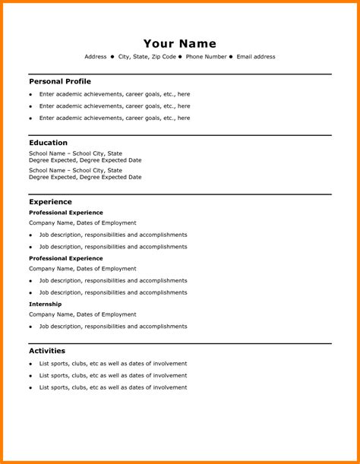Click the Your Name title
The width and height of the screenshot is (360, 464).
(x=180, y=43)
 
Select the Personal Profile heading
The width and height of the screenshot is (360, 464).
(x=60, y=81)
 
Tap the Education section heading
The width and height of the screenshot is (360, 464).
(x=48, y=143)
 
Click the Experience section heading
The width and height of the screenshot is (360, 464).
(x=50, y=202)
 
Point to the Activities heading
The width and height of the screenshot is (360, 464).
(x=47, y=351)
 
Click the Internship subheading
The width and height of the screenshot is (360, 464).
(x=46, y=304)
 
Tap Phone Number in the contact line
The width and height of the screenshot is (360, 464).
(x=207, y=57)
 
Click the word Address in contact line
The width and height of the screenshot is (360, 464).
(x=96, y=57)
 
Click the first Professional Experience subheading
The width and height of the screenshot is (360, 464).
(x=66, y=213)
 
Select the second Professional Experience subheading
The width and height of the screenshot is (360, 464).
(x=66, y=258)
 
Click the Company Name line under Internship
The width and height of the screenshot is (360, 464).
(x=83, y=314)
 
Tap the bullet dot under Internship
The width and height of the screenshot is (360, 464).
(x=31, y=327)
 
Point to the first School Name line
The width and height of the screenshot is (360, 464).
(x=75, y=153)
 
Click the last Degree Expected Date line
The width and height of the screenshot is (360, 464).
(x=85, y=177)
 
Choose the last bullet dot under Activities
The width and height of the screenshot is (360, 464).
(x=31, y=388)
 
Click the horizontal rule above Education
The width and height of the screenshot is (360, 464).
(x=180, y=135)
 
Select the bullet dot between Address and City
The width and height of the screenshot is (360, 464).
(x=112, y=57)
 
